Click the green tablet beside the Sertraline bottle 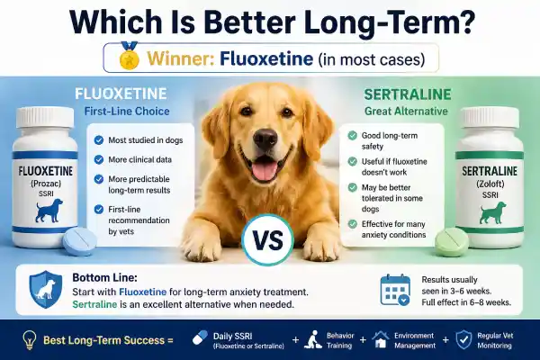click(451, 242)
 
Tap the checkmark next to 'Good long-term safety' click(353, 135)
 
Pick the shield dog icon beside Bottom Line click(47, 288)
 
